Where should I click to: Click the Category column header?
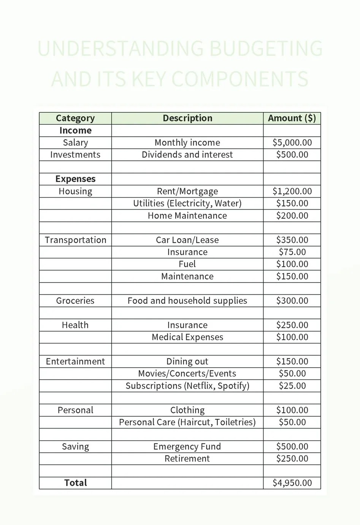[x=75, y=118]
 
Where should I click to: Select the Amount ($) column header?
[x=292, y=118]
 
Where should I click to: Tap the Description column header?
[x=187, y=118]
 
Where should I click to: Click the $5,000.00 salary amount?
[x=292, y=142]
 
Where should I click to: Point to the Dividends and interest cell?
[x=187, y=155]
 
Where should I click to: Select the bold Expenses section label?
[x=75, y=179]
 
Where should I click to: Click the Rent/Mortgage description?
[x=187, y=191]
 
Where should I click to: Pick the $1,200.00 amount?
[x=292, y=191]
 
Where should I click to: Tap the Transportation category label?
[x=75, y=240]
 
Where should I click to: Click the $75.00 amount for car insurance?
[x=292, y=252]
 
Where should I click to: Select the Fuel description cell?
[x=187, y=264]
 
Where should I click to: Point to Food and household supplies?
[x=187, y=300]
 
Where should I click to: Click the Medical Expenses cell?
[x=187, y=337]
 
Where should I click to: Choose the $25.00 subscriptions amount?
[x=292, y=386]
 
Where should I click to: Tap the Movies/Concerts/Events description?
[x=187, y=373]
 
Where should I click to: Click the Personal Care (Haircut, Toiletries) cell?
[x=187, y=422]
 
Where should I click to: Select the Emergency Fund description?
[x=187, y=446]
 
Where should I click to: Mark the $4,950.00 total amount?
[x=292, y=483]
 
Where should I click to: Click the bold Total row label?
[x=75, y=483]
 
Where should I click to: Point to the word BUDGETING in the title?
[x=266, y=49]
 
